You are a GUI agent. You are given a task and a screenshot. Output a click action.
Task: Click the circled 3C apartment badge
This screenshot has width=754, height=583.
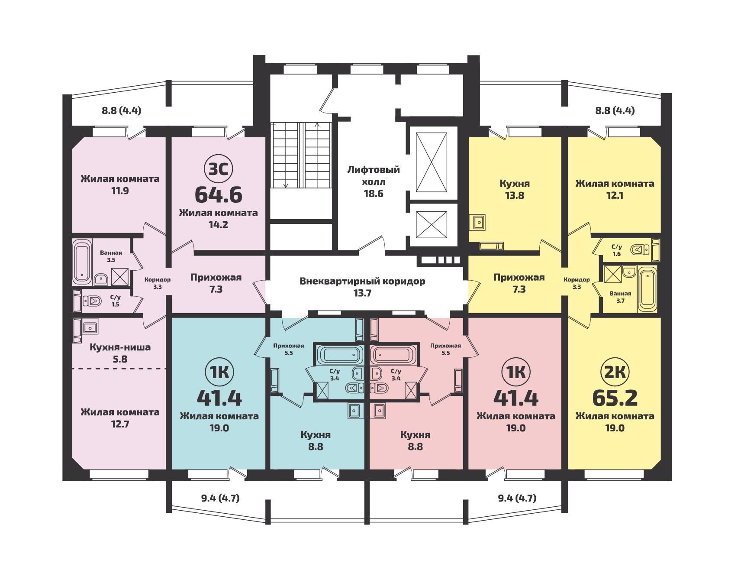point(218,169)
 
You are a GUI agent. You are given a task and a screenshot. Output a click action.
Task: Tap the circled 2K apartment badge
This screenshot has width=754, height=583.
point(615,372)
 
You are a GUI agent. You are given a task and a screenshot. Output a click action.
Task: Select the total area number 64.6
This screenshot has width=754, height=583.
point(218,194)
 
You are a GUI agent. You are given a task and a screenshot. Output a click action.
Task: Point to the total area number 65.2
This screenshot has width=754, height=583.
point(615,398)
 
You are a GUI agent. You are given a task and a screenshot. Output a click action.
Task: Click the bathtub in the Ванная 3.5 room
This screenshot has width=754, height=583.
point(81,262)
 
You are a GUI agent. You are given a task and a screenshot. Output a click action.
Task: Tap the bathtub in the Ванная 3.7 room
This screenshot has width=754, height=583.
point(648,289)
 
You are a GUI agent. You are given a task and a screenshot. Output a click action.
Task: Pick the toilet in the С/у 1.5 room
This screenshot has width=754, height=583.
point(92,300)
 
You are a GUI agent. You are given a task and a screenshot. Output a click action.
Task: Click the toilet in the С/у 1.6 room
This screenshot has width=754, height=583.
point(641,250)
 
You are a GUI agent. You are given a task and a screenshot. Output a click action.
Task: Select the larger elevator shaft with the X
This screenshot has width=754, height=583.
point(431,162)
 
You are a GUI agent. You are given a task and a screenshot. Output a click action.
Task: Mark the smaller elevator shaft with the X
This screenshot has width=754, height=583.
point(431,224)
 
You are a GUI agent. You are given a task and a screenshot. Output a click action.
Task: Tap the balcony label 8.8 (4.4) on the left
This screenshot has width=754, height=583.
point(122,110)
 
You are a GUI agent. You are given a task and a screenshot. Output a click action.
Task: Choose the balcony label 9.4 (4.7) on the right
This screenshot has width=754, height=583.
point(517,498)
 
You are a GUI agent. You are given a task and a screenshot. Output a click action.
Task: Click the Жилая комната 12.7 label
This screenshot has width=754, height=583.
point(120,418)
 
